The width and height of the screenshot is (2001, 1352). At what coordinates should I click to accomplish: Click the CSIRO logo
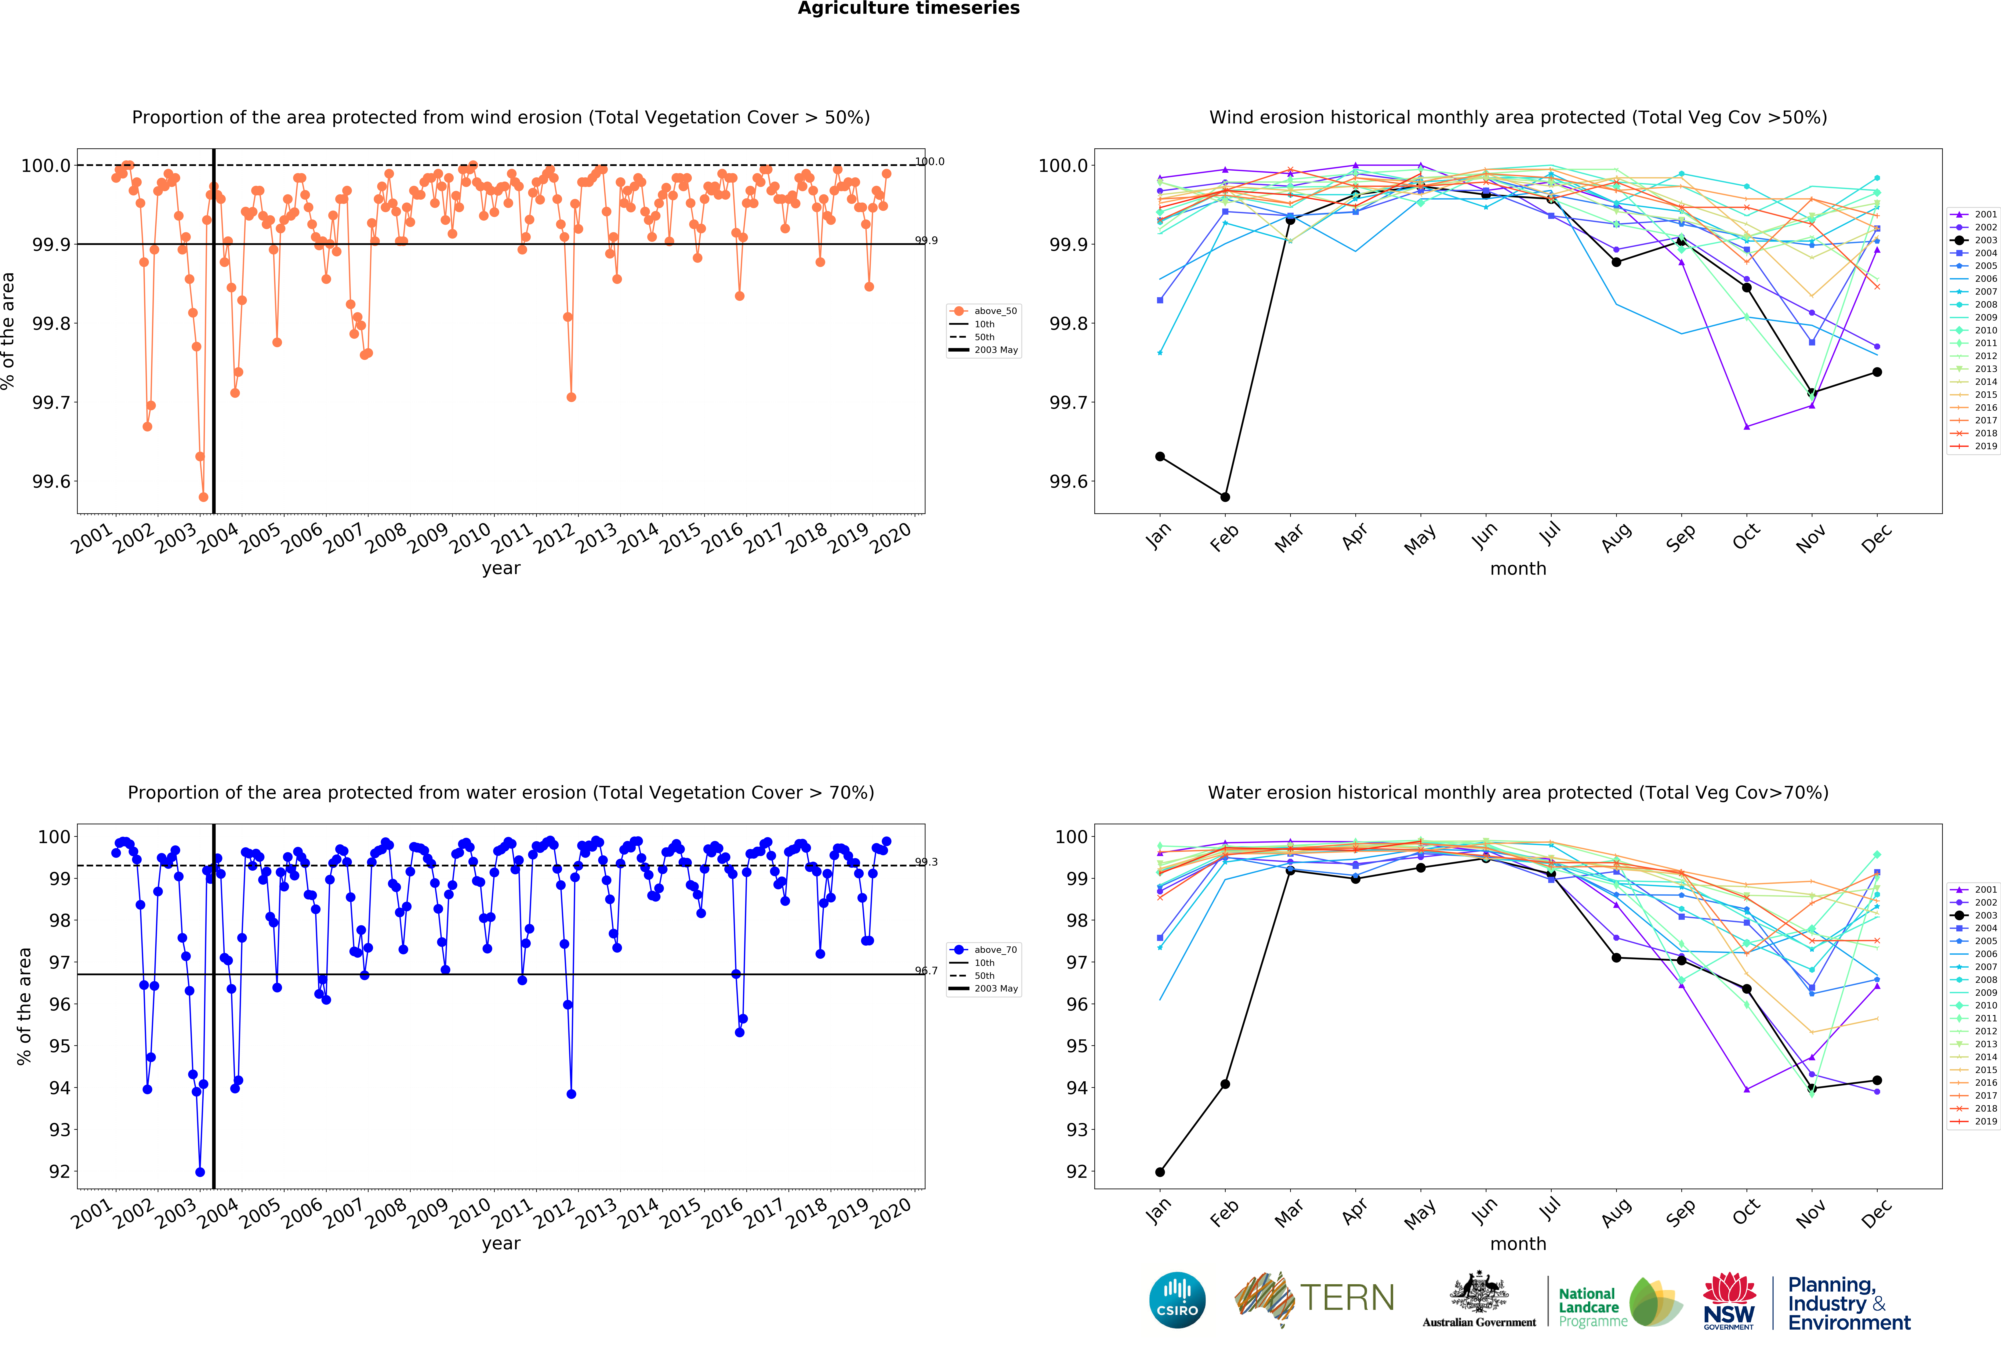click(x=1177, y=1300)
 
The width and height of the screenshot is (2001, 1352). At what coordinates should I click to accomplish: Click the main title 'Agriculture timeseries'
click(x=908, y=9)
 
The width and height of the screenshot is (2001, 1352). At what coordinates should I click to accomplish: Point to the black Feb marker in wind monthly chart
click(x=1225, y=497)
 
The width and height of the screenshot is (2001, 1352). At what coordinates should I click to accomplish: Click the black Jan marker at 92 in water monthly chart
click(x=1160, y=1172)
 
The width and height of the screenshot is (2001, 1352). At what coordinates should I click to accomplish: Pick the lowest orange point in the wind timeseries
click(x=203, y=497)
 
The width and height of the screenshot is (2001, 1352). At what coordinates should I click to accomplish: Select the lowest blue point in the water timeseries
click(x=200, y=1172)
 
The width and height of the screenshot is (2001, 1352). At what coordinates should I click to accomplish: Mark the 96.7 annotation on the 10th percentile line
click(x=927, y=971)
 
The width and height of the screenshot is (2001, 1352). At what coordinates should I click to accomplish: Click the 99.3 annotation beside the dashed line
click(x=927, y=862)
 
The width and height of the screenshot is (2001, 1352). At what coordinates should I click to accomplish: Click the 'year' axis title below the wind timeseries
click(x=501, y=568)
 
